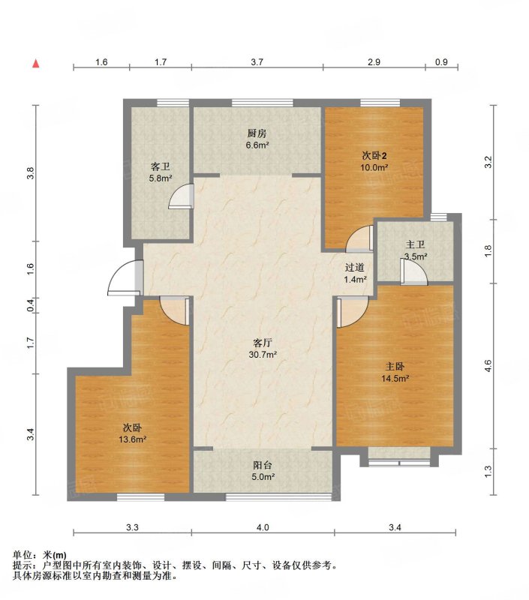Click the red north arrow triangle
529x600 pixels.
36,64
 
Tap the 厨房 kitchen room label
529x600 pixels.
257,133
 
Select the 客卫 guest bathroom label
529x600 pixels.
161,166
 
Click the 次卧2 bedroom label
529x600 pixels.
374,156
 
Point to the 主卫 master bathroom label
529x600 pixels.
415,244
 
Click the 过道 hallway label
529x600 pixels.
354,268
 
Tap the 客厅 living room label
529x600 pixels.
263,343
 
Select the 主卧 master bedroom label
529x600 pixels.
395,367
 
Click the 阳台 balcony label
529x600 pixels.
263,465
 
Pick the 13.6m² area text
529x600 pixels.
133,439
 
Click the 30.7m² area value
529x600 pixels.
263,355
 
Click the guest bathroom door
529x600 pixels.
182,196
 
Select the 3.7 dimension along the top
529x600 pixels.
257,62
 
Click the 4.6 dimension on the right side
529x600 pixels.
488,366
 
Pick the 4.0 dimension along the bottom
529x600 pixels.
263,528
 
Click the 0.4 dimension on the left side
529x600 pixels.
31,305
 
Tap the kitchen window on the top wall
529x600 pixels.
263,102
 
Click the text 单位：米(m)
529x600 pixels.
40,555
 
